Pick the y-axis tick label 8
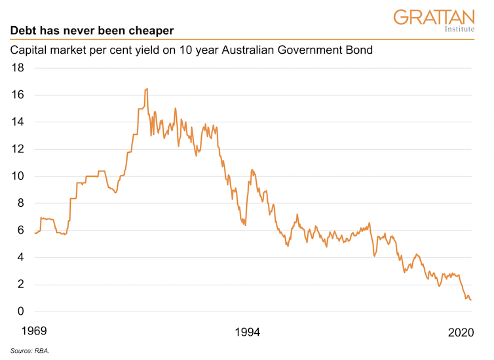(21, 204)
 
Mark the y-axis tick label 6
(21, 230)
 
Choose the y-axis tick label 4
(21, 258)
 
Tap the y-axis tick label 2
(21, 285)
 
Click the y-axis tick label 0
(21, 312)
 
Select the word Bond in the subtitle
(359, 50)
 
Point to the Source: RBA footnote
(30, 351)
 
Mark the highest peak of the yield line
(147, 88)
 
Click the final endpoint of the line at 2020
(470, 300)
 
